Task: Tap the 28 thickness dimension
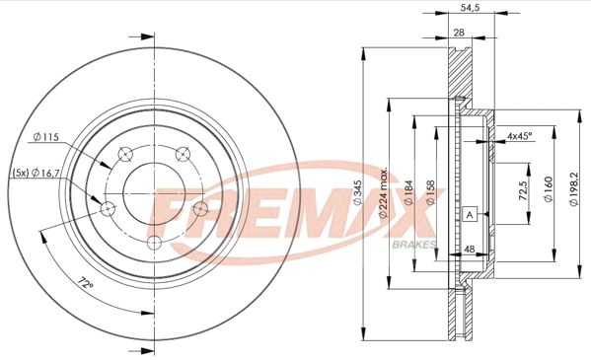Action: (x=459, y=33)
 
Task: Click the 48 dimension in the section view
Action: (x=471, y=251)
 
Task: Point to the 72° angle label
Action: (x=87, y=285)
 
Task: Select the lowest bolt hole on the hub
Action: (x=154, y=244)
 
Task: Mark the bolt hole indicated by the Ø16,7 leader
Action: (x=108, y=207)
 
